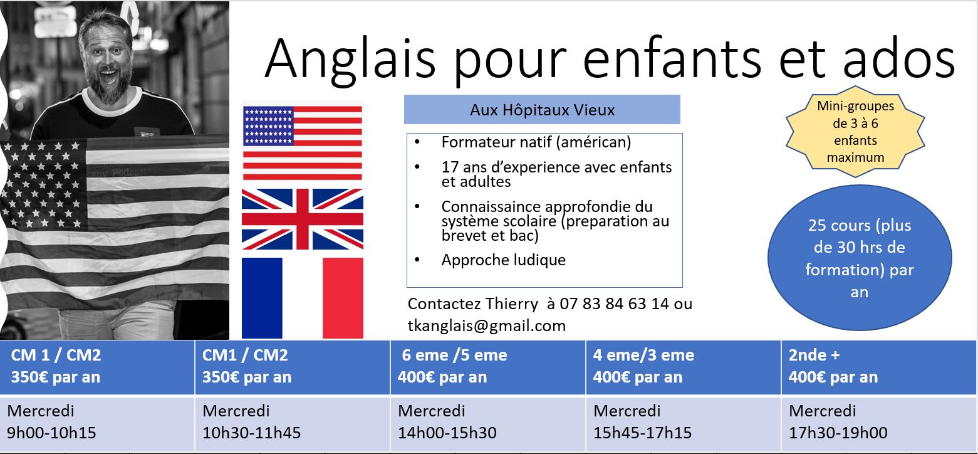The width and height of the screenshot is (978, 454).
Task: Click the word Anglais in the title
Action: coord(350,59)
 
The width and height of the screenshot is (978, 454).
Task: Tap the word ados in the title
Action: coord(899,59)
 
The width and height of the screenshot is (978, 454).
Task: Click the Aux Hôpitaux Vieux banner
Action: coord(542,109)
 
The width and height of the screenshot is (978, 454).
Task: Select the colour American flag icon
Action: coord(302,143)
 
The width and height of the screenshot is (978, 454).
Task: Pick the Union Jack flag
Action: coord(302,219)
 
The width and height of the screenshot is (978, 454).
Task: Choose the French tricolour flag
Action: coord(302,298)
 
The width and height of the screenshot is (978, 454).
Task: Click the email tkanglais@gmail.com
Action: coord(486,326)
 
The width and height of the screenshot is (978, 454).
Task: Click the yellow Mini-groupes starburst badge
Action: coord(855,132)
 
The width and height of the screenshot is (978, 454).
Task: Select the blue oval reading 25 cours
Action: coord(859,258)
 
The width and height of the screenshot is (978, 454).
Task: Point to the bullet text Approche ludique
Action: coord(503,260)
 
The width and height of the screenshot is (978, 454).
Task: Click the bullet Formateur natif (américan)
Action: coord(536,142)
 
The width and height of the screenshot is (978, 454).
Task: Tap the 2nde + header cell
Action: coord(879,367)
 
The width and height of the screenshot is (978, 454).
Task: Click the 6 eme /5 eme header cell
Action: coord(487,367)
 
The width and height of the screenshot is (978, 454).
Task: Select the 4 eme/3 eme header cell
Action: coord(684,367)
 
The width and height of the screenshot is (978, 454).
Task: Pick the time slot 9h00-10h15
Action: coord(51,433)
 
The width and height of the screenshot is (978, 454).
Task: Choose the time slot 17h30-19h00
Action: coord(838,433)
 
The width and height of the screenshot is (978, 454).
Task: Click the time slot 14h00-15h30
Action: coord(447,433)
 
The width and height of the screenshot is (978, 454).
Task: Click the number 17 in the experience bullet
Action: coord(450,167)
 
